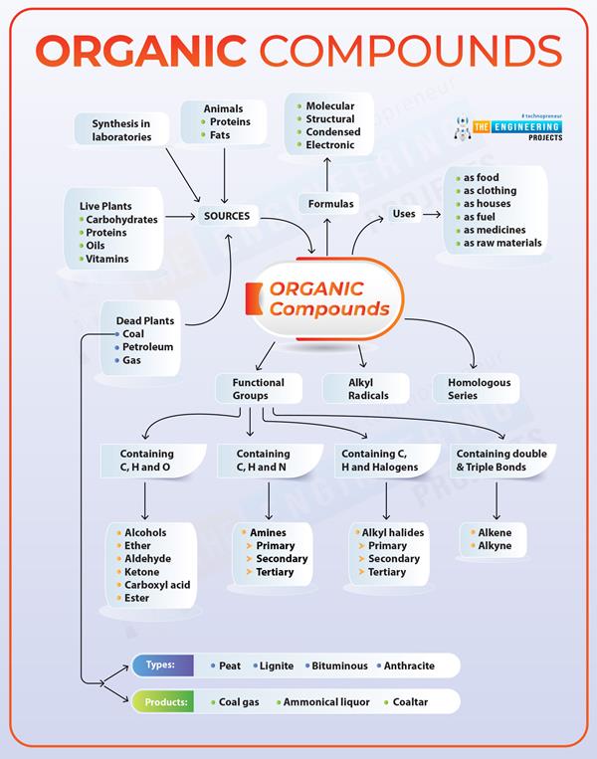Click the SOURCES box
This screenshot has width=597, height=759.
227,215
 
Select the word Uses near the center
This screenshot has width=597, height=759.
404,214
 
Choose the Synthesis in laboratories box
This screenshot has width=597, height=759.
121,129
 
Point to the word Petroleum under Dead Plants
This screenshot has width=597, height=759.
148,347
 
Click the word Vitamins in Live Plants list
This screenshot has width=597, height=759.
108,259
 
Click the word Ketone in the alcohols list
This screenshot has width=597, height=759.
141,572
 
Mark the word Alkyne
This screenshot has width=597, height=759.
496,546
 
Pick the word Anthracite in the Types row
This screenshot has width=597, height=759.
413,665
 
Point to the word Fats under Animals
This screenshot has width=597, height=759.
220,134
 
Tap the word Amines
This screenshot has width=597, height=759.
270,533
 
